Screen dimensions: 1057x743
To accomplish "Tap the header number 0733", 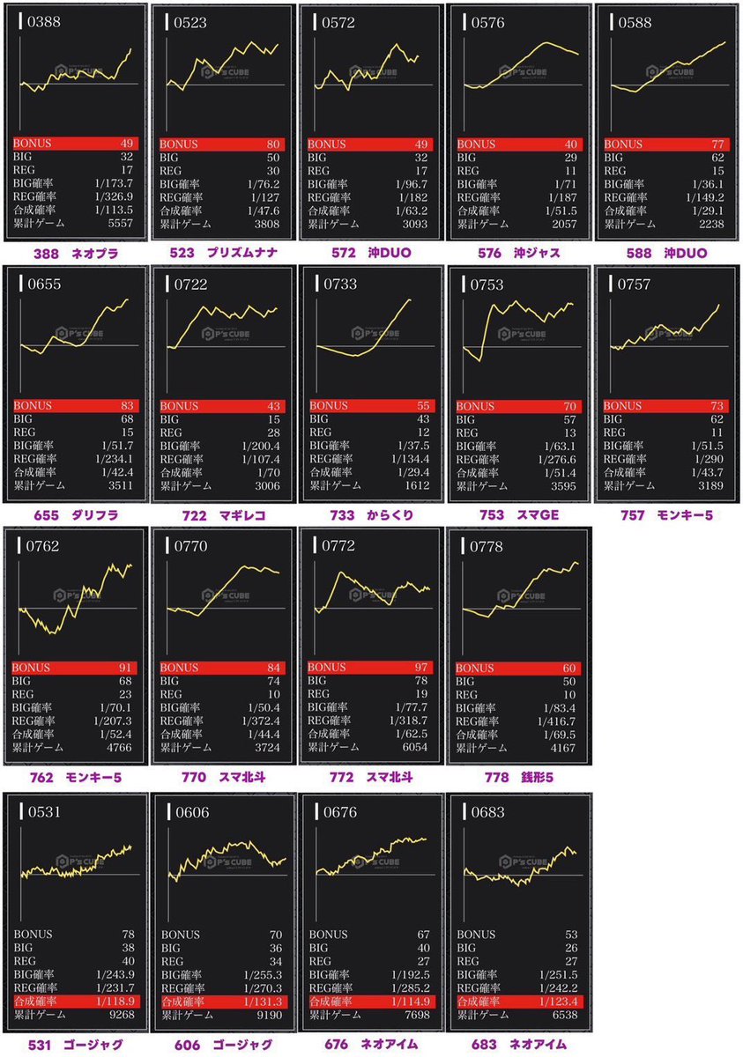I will click(339, 284).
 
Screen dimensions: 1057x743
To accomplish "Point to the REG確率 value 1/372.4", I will click(266, 721).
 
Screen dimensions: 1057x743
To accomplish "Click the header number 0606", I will click(190, 812).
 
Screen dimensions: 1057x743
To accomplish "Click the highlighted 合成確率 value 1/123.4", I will click(561, 1002).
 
